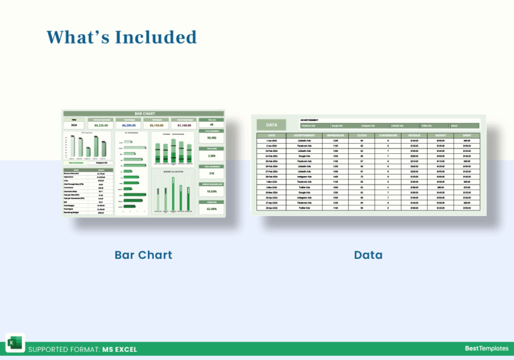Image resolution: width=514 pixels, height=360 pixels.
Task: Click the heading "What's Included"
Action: tap(121, 37)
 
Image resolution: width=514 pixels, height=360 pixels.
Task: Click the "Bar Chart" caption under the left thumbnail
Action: tap(143, 255)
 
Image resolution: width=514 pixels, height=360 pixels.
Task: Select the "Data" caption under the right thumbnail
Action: tap(368, 255)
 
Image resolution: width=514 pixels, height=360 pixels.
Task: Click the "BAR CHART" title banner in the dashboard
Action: tap(143, 114)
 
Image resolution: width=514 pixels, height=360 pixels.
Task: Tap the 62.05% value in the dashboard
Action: tap(211, 209)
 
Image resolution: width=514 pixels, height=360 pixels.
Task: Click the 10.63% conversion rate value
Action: tap(211, 191)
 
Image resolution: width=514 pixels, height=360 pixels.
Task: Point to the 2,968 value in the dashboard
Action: tap(211, 156)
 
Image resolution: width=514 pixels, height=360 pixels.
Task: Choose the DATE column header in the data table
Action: tap(272, 135)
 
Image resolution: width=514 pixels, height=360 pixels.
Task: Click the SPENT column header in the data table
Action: tap(466, 135)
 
